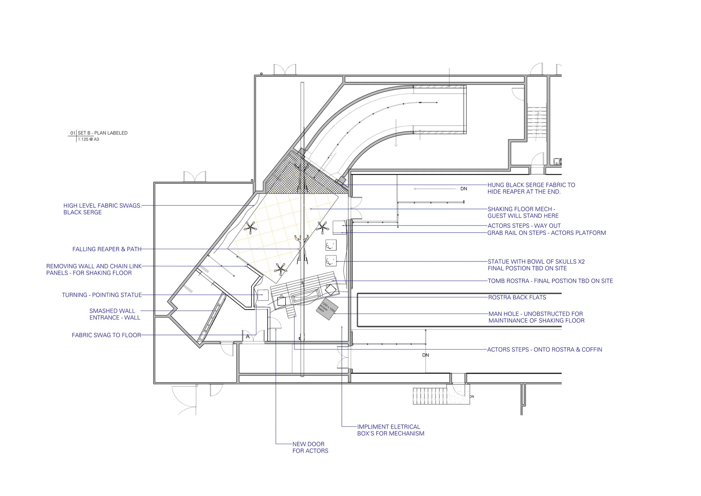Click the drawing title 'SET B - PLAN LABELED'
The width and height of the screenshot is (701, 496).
pos(102,133)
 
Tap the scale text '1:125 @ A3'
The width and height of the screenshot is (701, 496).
pos(88,139)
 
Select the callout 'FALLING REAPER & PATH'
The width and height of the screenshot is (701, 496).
pos(107,249)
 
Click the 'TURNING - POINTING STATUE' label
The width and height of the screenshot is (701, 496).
pos(102,295)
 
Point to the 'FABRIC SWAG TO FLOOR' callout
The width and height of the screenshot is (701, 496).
pos(106,335)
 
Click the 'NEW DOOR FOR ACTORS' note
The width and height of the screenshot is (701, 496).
pos(310,447)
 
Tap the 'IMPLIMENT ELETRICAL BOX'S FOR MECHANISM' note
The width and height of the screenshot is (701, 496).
pos(391,430)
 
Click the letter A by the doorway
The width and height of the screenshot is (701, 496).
pos(248,337)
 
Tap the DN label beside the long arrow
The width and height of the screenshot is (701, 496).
pos(464,189)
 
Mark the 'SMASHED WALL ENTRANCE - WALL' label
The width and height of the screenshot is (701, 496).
pos(115,314)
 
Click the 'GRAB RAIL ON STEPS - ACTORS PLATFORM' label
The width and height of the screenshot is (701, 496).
pos(546,233)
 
